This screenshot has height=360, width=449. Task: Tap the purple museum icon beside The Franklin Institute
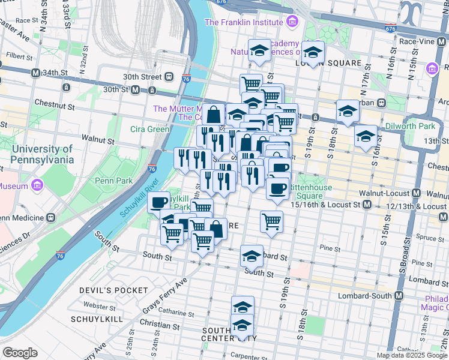(x=292, y=23)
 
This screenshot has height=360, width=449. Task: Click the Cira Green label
(x=149, y=129)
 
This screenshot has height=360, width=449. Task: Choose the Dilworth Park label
(x=418, y=127)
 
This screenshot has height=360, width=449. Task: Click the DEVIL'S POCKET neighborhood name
(x=113, y=290)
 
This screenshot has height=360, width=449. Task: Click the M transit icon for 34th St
(x=35, y=73)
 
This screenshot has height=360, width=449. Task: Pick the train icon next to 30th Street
(x=170, y=77)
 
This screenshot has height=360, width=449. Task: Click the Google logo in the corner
(x=20, y=353)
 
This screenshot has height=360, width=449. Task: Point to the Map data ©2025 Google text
(x=412, y=355)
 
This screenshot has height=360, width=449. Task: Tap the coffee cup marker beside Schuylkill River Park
(x=159, y=201)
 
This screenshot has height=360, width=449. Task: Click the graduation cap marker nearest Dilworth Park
(x=366, y=136)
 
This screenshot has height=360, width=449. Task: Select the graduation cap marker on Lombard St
(x=252, y=256)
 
